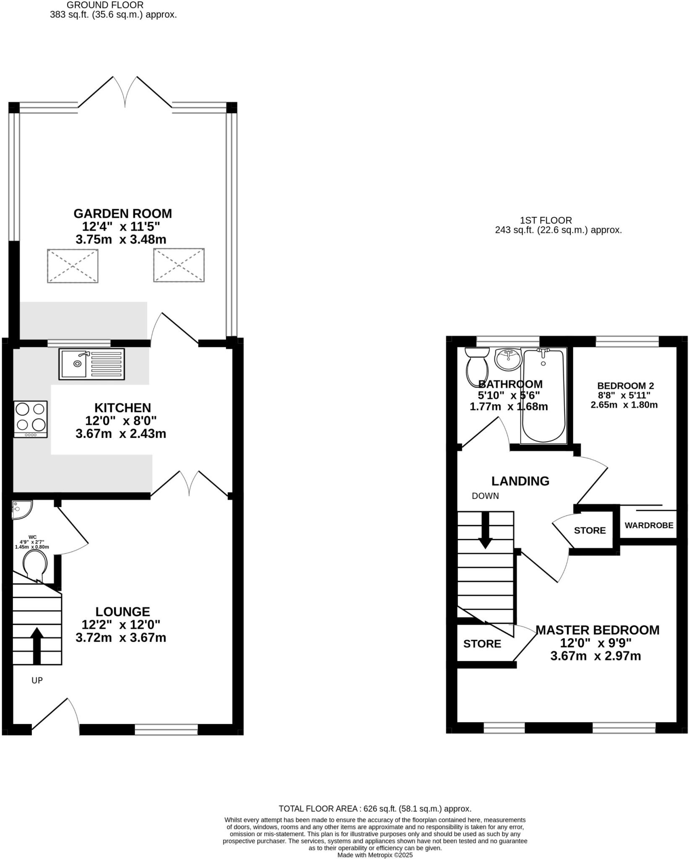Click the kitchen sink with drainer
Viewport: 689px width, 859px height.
tap(91, 364)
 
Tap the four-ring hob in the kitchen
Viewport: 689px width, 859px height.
tap(30, 419)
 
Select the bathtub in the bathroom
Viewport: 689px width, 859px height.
tap(543, 396)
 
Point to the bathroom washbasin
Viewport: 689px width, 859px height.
tap(508, 359)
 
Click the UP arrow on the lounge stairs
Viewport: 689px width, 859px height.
tap(37, 646)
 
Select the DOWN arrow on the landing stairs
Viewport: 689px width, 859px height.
tap(485, 530)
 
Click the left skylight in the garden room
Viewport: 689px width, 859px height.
tap(73, 266)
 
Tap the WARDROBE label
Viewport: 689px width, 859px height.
tap(649, 525)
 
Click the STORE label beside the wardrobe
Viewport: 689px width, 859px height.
tap(590, 531)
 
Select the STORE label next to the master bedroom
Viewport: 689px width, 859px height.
tap(482, 644)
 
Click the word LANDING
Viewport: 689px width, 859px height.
tap(520, 481)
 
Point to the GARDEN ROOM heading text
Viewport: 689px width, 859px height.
tap(122, 213)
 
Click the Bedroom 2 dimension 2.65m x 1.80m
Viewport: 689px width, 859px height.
tap(624, 405)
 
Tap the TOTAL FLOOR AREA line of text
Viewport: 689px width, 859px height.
tap(375, 809)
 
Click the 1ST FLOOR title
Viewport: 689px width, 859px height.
tap(546, 220)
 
